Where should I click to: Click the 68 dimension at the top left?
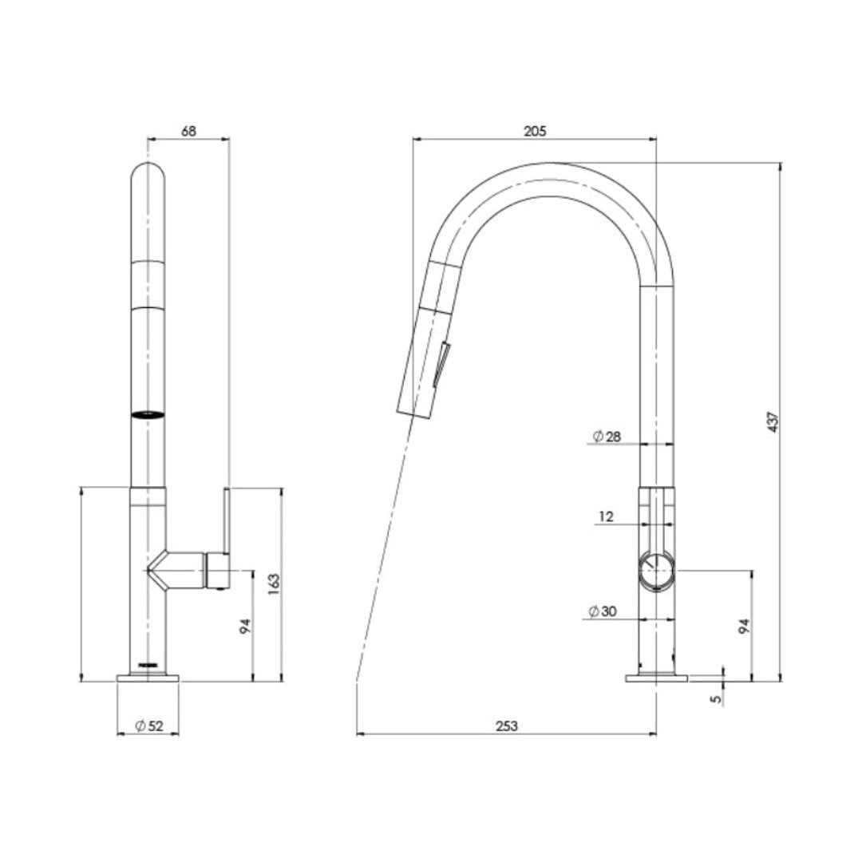[188, 131]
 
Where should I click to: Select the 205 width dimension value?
[535, 131]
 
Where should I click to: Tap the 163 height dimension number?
[273, 584]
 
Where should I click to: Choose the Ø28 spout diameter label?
[607, 436]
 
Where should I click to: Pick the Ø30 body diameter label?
[603, 611]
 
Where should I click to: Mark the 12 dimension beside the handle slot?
[606, 516]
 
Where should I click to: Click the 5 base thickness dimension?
[716, 697]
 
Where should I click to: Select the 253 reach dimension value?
[507, 726]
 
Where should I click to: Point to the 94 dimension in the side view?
[744, 627]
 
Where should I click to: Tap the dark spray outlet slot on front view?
[148, 414]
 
